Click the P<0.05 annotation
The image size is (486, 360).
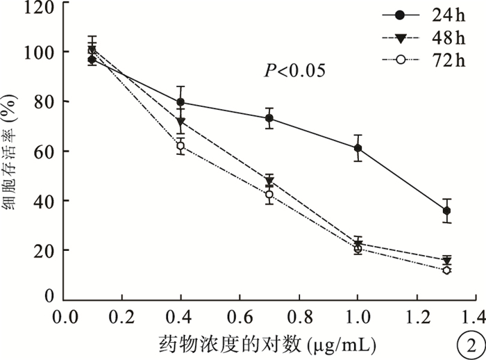[293, 71]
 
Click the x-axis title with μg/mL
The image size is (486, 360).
[268, 344]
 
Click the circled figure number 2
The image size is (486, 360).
[470, 344]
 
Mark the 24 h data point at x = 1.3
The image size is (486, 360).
[446, 211]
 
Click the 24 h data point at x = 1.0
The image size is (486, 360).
[358, 148]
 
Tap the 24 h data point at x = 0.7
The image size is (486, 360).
[269, 118]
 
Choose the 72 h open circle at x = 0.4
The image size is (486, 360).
[181, 146]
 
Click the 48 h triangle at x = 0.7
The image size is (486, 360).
[269, 181]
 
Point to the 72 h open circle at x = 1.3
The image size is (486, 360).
[446, 270]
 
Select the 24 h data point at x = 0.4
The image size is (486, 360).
[181, 102]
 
